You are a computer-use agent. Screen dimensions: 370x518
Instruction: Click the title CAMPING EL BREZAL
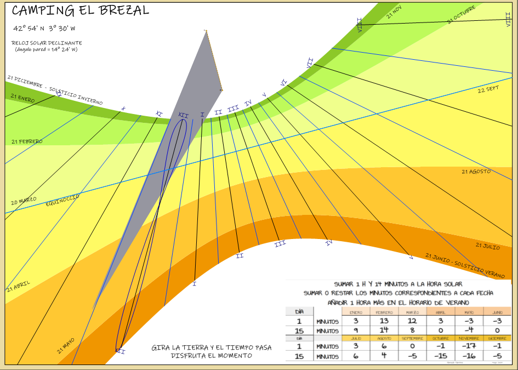pyautogui.click(x=80, y=10)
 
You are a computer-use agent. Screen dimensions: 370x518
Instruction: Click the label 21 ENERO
pyautogui.click(x=22, y=98)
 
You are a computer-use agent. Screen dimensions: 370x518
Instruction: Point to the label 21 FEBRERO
pyautogui.click(x=27, y=141)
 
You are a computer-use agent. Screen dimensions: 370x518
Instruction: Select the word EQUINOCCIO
pyautogui.click(x=62, y=199)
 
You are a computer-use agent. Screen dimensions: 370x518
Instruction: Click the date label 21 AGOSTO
pyautogui.click(x=476, y=172)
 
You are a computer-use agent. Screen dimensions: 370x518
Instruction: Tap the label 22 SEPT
pyautogui.click(x=488, y=89)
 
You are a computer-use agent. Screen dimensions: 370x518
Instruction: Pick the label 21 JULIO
pyautogui.click(x=487, y=246)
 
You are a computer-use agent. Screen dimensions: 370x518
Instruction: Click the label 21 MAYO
pyautogui.click(x=65, y=346)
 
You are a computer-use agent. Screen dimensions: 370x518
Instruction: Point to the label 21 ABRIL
pyautogui.click(x=19, y=286)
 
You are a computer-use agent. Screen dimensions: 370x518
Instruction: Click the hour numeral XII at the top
pyautogui.click(x=183, y=116)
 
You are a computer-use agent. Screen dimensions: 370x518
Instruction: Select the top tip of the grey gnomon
pyautogui.click(x=206, y=31)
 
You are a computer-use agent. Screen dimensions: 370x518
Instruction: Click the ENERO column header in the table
pyautogui.click(x=356, y=312)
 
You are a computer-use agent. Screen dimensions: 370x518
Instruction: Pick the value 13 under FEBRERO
pyautogui.click(x=384, y=321)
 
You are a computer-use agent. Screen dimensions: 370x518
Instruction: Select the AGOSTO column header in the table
pyautogui.click(x=384, y=338)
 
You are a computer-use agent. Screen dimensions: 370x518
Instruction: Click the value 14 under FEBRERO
pyautogui.click(x=384, y=331)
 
